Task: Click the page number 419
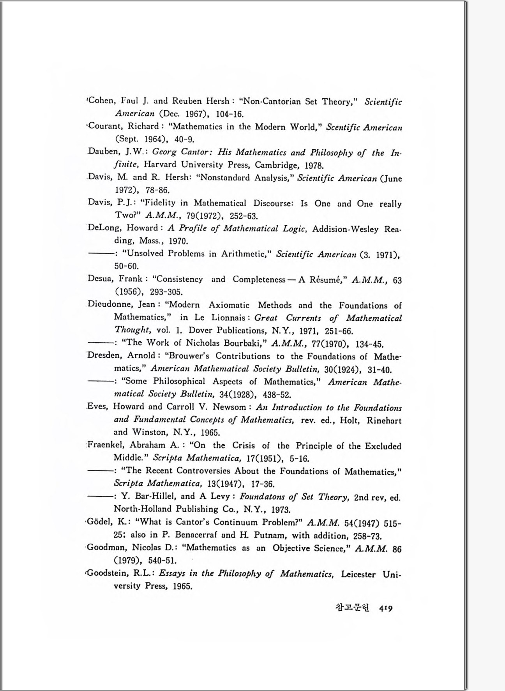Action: pos(385,608)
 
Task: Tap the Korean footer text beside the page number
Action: pos(352,608)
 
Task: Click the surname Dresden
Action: pos(104,356)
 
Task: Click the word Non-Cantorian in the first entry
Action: pos(272,102)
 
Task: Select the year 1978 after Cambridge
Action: pos(314,165)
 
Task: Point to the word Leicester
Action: pos(358,574)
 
